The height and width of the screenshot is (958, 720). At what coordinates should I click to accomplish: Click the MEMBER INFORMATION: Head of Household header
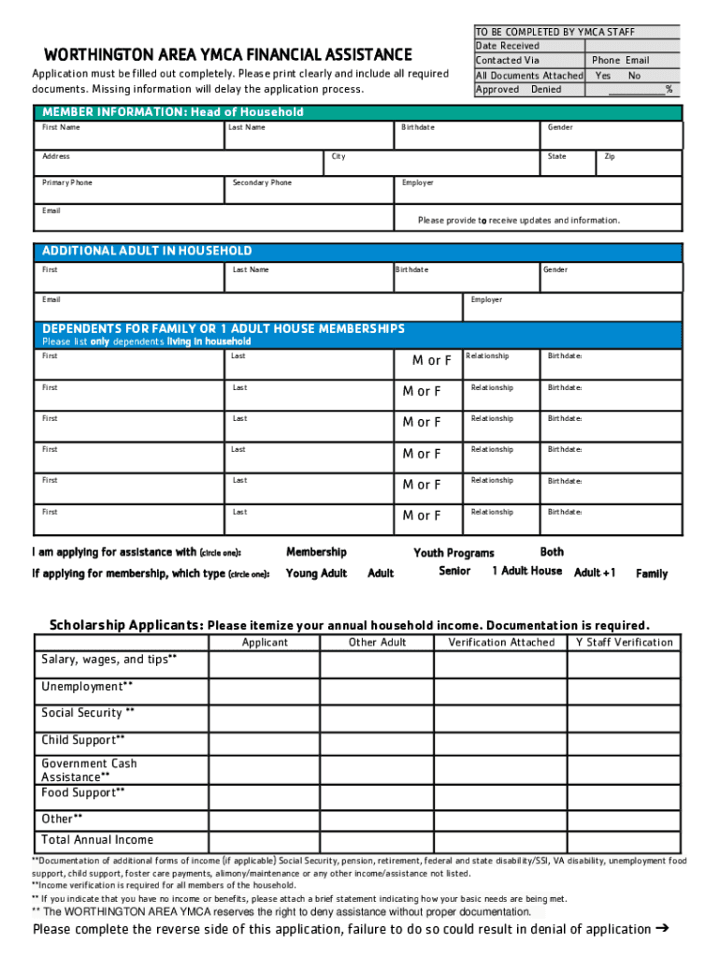point(173,112)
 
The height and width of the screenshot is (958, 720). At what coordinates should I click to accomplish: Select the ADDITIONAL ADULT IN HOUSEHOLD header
point(147,251)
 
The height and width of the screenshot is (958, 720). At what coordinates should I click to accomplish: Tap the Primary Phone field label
point(67,183)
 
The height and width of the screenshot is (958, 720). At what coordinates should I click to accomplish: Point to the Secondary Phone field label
point(262,183)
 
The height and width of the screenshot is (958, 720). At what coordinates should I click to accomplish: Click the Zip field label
point(610,157)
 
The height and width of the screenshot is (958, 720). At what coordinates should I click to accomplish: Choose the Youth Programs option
point(454,553)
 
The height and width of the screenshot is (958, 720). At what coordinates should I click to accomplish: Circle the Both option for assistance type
point(552,552)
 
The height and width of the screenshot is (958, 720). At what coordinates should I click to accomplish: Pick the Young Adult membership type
point(316,573)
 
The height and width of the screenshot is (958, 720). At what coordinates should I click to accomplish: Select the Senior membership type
point(454,571)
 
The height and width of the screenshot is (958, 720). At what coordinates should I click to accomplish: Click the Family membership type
point(652,573)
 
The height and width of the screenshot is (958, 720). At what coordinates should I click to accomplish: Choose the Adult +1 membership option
point(595,573)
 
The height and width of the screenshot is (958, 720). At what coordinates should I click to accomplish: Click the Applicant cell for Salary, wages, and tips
point(264,664)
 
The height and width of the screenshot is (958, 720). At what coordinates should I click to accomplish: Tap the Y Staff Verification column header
point(624,643)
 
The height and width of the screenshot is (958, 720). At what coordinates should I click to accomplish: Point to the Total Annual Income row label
point(97,840)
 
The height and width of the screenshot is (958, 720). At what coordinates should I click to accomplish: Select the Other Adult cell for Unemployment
point(377,691)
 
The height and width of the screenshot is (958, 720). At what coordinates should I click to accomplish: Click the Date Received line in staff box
point(508,46)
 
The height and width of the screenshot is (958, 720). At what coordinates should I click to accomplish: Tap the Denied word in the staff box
point(546,90)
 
